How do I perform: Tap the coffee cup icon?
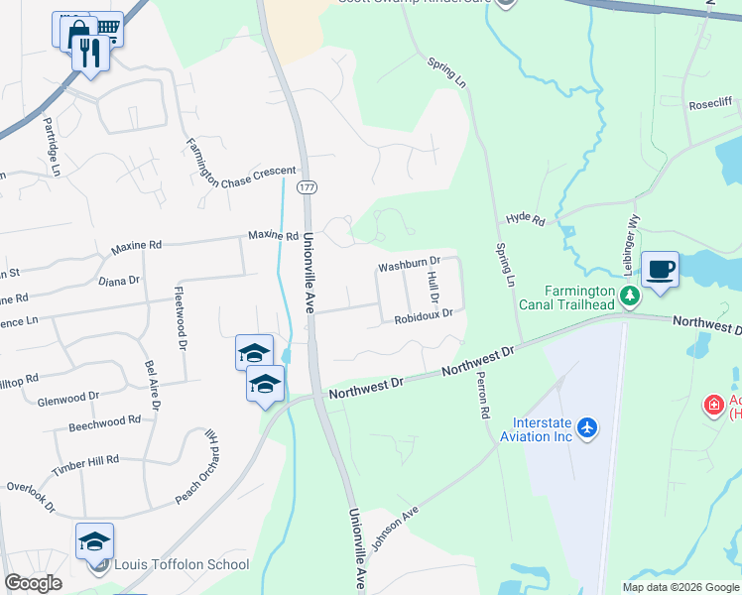click(661, 269)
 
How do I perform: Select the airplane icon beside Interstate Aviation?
click(588, 427)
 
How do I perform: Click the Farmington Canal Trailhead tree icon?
click(628, 295)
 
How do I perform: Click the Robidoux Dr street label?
click(423, 317)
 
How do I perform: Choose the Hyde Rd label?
click(526, 218)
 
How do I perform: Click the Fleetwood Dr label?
click(181, 319)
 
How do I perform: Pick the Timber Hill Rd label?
click(85, 463)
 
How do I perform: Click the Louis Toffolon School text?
click(181, 564)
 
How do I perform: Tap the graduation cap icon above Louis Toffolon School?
click(95, 541)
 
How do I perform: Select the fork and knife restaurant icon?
click(91, 53)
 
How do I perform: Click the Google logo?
click(33, 583)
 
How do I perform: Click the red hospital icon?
click(712, 405)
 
